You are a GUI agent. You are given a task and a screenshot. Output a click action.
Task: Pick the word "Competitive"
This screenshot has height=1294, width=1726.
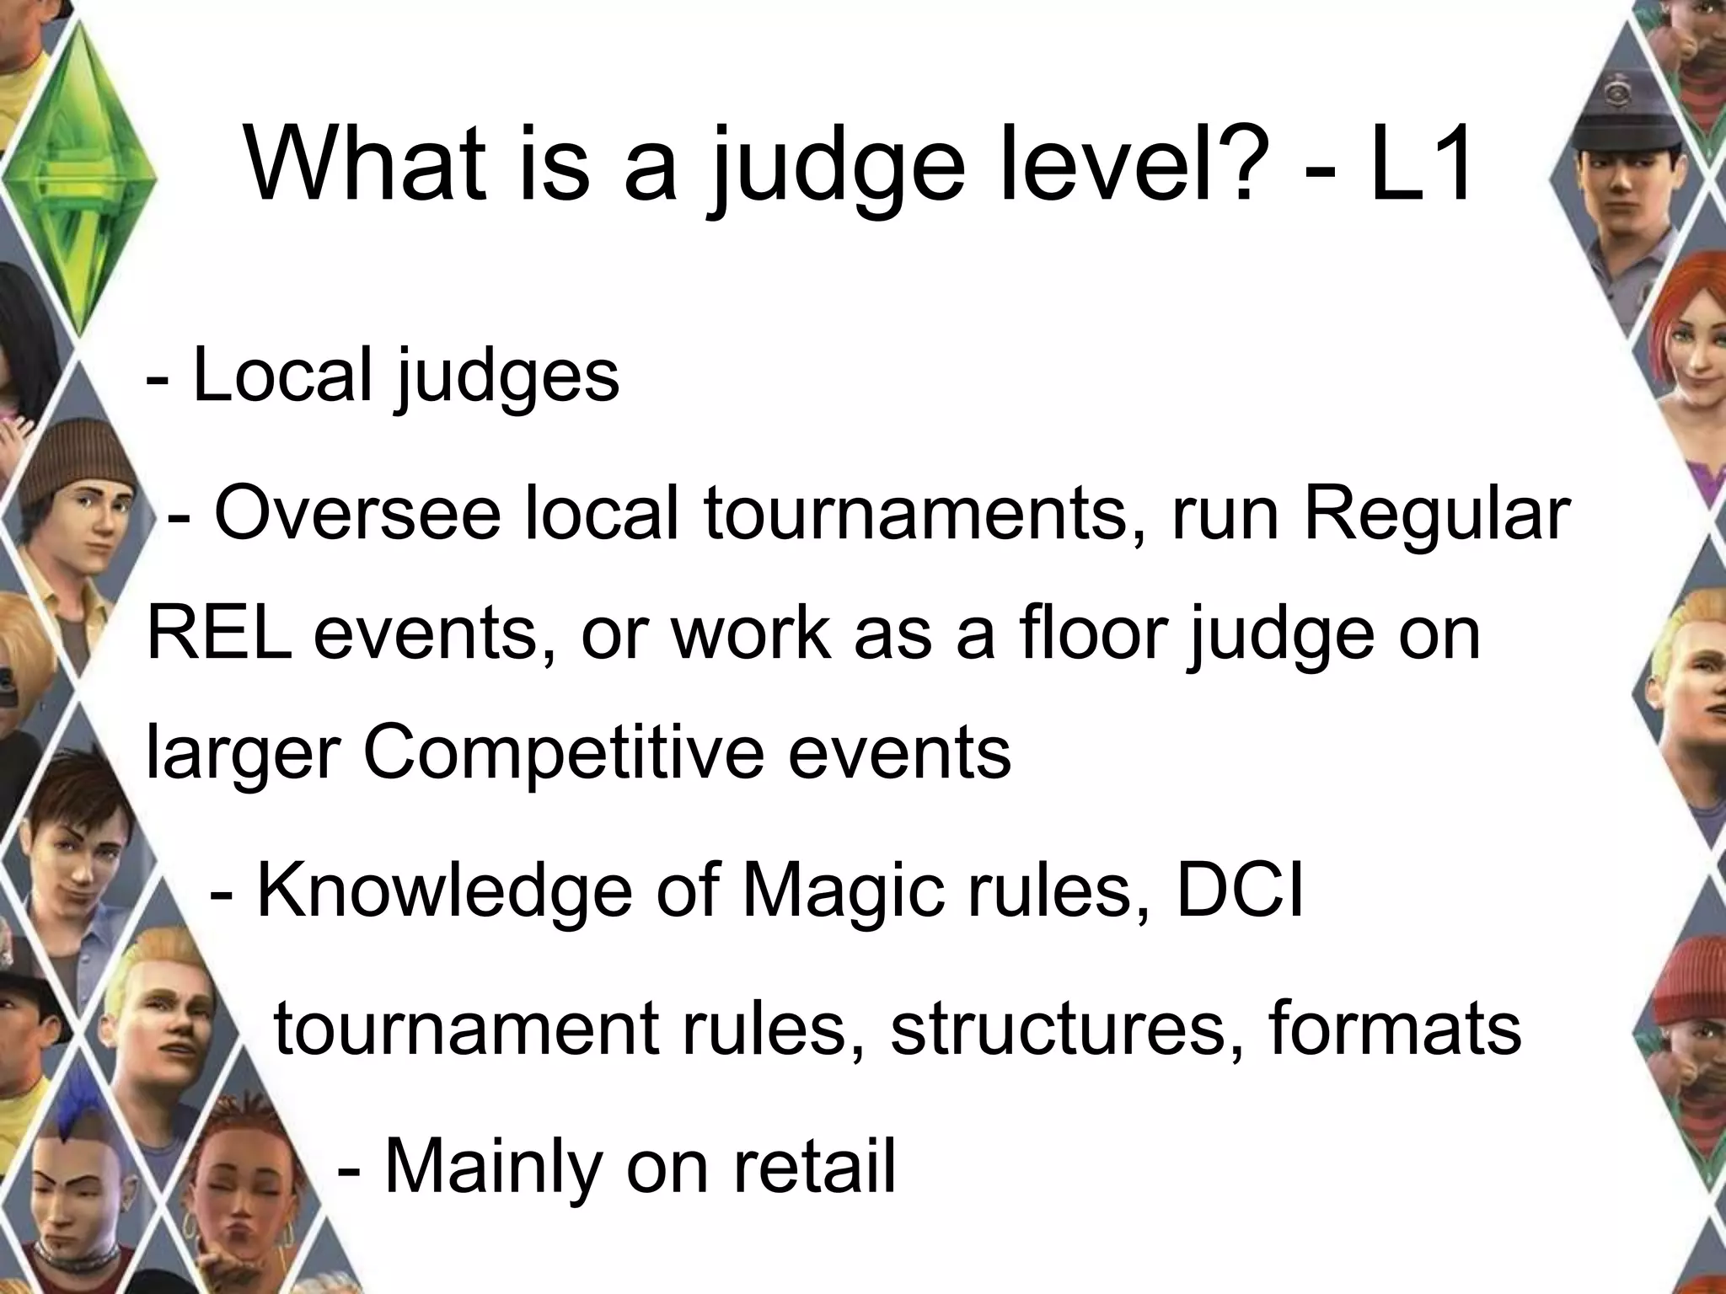(x=562, y=751)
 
